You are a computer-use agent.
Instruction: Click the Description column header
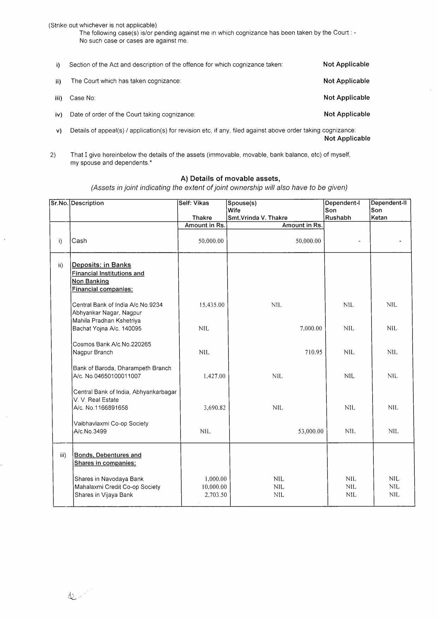(x=88, y=203)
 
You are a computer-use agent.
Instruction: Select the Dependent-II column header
(x=389, y=203)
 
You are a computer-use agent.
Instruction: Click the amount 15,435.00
(x=212, y=305)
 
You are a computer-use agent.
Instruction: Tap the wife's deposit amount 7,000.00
(x=311, y=328)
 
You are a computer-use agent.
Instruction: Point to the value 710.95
(x=314, y=352)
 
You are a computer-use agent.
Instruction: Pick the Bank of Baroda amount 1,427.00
(x=214, y=376)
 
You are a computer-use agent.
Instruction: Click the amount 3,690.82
(x=215, y=407)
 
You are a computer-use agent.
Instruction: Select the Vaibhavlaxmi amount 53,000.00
(x=311, y=431)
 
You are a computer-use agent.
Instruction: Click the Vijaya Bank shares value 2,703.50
(x=216, y=495)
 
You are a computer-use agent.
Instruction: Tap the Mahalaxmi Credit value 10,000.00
(x=214, y=487)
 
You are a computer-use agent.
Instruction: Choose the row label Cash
(x=79, y=241)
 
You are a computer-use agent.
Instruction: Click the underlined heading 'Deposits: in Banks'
(x=101, y=265)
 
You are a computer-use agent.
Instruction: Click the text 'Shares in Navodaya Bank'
(x=109, y=479)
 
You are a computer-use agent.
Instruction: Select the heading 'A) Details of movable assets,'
(x=230, y=179)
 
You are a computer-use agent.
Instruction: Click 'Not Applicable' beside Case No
(x=347, y=97)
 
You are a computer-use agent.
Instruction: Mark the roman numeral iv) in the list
(x=59, y=114)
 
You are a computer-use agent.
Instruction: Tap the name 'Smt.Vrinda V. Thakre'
(x=258, y=218)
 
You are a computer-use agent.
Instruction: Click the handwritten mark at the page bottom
(x=73, y=596)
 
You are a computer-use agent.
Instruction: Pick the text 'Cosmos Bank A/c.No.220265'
(x=112, y=344)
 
